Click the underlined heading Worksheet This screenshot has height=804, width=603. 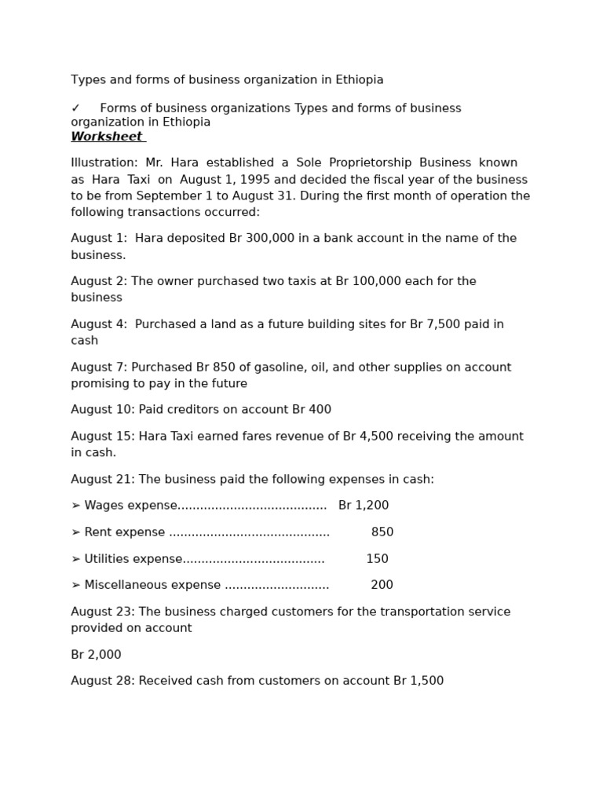point(107,137)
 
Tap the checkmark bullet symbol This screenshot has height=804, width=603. point(75,108)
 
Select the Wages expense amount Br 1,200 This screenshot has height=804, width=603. point(364,506)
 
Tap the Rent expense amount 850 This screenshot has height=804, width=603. point(382,532)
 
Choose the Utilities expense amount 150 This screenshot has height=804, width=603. point(377,559)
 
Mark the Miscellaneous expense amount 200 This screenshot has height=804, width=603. point(382,585)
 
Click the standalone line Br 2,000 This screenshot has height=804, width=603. point(96,655)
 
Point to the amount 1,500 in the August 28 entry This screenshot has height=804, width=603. point(427,681)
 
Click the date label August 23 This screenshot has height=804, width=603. point(101,612)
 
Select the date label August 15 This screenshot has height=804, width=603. point(101,437)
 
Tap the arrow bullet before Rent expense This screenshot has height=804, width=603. point(75,532)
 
